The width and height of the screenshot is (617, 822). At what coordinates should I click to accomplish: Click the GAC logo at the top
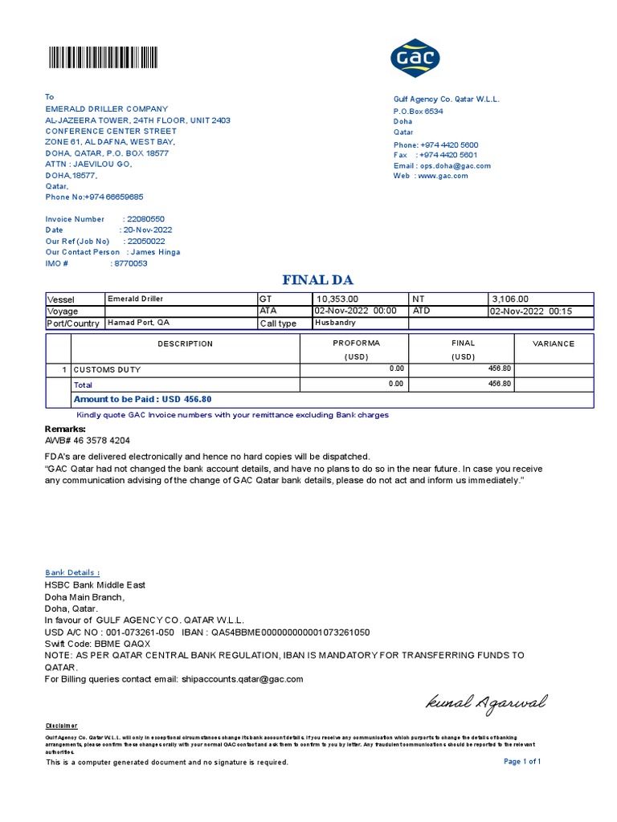click(415, 58)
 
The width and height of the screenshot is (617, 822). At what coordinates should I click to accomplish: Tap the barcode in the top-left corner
click(103, 58)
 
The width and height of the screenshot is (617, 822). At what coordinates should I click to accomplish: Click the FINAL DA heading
click(317, 280)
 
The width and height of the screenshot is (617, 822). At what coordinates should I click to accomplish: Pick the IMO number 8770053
click(129, 263)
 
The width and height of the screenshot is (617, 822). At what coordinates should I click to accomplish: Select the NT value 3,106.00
click(510, 299)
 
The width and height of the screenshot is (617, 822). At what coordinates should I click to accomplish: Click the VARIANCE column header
click(554, 344)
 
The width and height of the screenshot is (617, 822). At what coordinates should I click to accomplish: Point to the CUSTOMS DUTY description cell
click(108, 370)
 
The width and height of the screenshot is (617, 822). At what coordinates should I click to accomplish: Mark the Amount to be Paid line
click(143, 399)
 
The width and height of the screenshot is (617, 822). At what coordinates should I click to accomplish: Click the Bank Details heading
click(72, 572)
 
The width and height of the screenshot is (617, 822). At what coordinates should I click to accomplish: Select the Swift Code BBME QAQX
click(97, 644)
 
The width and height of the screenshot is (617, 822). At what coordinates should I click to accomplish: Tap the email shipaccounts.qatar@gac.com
click(243, 679)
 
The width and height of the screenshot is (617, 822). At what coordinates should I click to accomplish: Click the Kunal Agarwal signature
click(486, 703)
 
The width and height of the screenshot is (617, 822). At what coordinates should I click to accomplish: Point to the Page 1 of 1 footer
click(522, 762)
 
